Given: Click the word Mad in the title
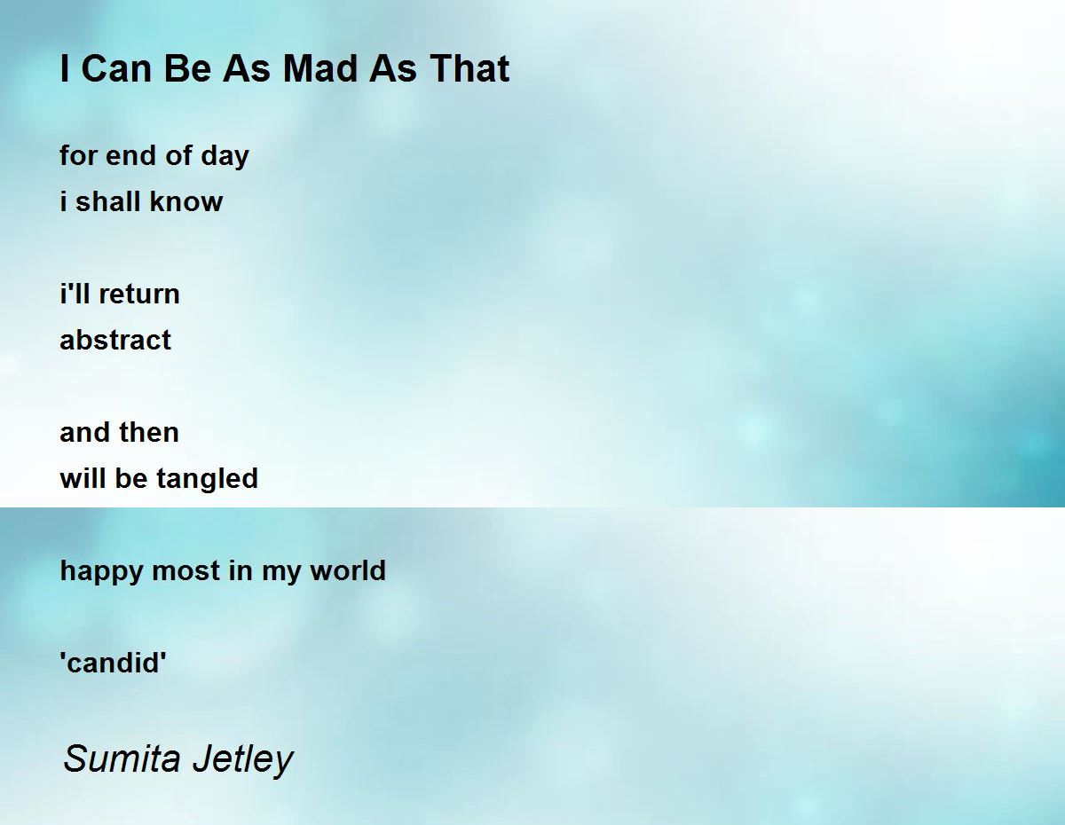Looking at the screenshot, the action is [321, 68].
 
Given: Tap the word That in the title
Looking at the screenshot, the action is [469, 68].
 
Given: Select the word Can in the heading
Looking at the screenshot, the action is [116, 68].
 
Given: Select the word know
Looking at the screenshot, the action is [185, 201].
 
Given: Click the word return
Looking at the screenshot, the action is [139, 295].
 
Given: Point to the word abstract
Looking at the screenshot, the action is [115, 340].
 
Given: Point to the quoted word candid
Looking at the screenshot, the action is [114, 664].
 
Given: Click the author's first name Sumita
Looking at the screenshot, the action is [122, 758].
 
